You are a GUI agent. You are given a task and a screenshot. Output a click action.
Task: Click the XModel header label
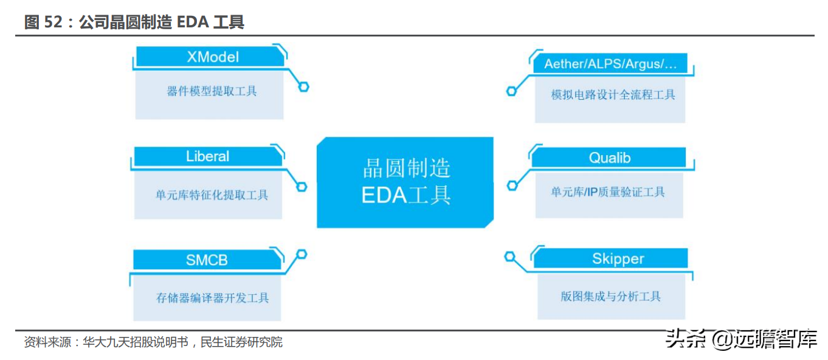point(212,57)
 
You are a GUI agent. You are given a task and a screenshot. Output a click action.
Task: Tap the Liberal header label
point(207,156)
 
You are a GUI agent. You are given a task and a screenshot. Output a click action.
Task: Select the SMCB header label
point(207,260)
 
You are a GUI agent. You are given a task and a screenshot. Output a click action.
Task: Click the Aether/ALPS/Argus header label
point(610,64)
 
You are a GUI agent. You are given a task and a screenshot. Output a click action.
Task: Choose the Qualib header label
point(610,158)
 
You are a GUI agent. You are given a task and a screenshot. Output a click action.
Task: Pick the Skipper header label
point(618,259)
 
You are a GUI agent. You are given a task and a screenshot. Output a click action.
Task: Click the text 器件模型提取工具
point(212,92)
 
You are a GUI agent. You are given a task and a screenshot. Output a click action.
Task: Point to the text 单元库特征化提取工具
point(212,195)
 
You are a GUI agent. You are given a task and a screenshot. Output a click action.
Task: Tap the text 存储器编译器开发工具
point(212,298)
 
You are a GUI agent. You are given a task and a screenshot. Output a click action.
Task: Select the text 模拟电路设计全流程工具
point(613,95)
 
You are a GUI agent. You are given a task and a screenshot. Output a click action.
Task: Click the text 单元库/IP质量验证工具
point(608,192)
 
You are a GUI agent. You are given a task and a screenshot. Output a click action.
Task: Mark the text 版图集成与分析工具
point(610,296)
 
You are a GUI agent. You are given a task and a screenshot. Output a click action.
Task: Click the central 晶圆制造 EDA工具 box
point(405,182)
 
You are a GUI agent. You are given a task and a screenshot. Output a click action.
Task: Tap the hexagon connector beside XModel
point(303,87)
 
